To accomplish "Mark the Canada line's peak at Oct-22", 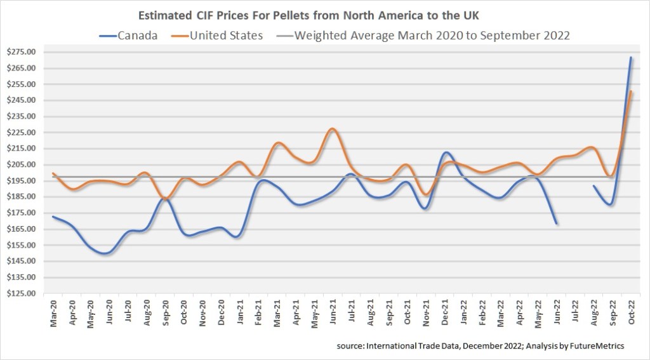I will (630, 58).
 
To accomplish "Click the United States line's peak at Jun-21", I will (333, 129).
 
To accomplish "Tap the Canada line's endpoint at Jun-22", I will (557, 223).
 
